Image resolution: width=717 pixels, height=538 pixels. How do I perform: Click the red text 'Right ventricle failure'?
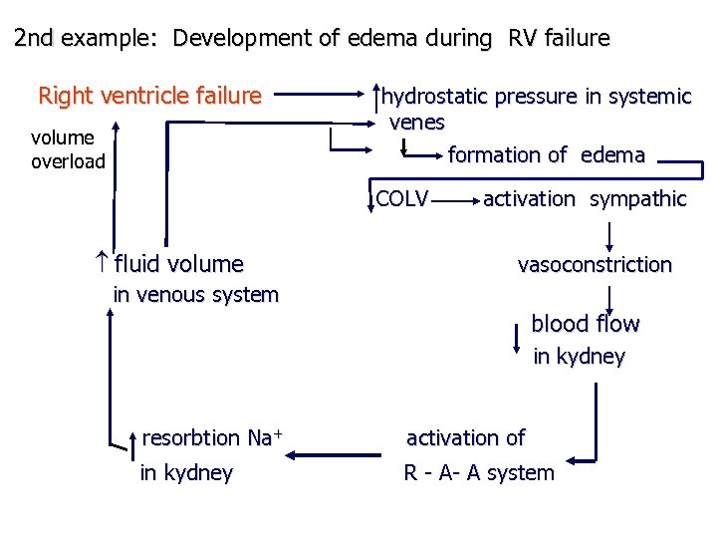pos(149,96)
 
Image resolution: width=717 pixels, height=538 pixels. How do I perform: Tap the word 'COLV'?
pos(402,198)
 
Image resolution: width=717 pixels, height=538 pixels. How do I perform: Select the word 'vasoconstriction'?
pos(595,264)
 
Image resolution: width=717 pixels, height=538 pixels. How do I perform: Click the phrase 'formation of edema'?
pos(546,154)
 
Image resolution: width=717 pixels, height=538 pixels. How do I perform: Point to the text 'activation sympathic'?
pos(585,198)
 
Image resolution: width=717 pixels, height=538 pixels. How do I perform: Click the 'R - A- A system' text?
pos(478,473)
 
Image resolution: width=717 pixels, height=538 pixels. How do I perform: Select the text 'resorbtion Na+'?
pos(212,437)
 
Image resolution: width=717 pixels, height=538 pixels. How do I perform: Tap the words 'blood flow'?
pos(585,324)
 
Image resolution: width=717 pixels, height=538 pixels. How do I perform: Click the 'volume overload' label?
pos(68,149)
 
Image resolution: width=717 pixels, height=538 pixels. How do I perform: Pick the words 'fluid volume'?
pos(178,264)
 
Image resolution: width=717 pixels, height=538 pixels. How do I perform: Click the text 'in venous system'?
pos(195,295)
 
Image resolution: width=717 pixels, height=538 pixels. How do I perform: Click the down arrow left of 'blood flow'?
pos(516,338)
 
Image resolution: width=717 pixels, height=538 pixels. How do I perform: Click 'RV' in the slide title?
pos(525,39)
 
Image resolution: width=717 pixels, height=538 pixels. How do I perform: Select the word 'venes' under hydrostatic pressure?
pos(416,123)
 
